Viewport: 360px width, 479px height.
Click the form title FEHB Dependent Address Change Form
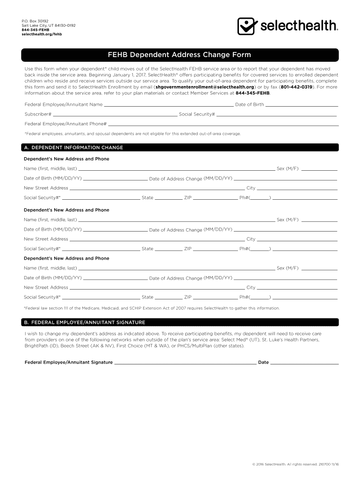(180, 55)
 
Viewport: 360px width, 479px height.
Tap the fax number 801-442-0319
(296, 87)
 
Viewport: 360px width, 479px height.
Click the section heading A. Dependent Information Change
(73, 147)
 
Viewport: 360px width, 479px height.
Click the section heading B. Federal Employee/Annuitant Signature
(85, 322)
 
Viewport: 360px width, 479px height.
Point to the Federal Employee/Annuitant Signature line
(185, 363)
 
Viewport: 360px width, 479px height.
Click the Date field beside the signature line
(304, 363)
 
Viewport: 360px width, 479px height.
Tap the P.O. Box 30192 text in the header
(35, 21)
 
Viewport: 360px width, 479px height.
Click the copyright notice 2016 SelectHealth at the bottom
(295, 464)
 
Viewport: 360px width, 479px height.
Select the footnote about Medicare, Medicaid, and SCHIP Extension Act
(152, 308)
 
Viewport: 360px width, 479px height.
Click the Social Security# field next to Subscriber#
(276, 115)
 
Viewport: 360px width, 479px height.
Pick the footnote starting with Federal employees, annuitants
(133, 134)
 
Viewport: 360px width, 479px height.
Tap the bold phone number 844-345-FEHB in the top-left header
(35, 30)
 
